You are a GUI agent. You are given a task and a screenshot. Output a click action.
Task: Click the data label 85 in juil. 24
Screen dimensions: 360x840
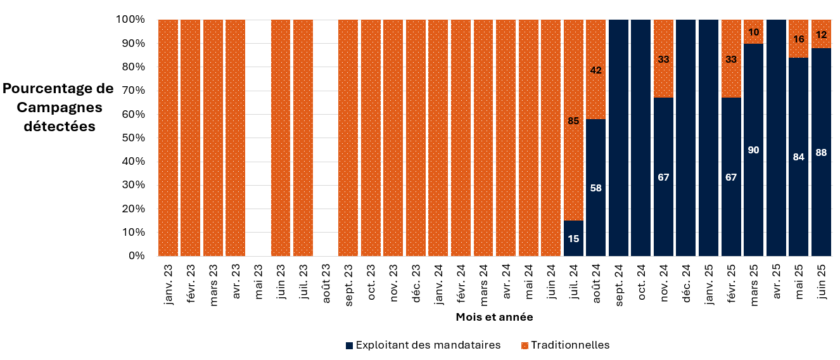pos(573,120)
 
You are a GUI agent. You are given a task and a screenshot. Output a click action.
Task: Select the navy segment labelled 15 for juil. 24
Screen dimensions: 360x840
pos(573,238)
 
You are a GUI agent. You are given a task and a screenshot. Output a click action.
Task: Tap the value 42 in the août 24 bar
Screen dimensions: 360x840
pos(595,71)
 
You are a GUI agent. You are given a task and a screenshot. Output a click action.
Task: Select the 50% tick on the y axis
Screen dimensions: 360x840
pos(134,138)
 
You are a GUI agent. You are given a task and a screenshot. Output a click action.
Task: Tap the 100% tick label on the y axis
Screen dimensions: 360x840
pos(130,20)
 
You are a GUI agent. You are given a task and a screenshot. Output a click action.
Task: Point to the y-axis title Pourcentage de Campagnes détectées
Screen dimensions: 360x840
pos(59,107)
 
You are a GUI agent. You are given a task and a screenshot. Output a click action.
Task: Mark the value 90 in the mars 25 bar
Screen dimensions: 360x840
pos(753,150)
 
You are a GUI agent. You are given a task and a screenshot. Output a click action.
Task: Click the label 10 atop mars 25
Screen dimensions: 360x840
pos(753,32)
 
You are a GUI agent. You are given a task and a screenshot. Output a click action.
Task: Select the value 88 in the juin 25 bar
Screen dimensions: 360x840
pos(821,153)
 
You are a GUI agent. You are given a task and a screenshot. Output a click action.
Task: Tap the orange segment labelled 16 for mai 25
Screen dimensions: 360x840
pos(798,39)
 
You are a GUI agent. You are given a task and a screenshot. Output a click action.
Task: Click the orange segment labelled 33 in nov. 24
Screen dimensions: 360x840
pos(663,59)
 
